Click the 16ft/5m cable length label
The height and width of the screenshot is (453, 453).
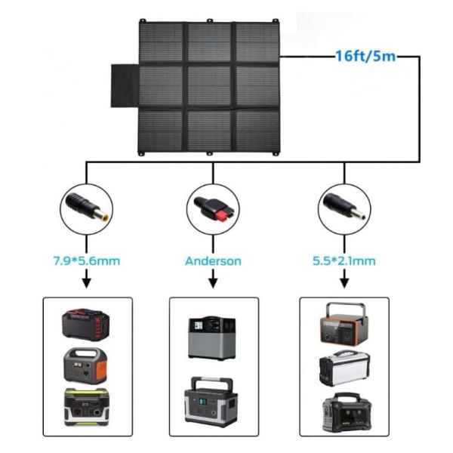tap(365, 57)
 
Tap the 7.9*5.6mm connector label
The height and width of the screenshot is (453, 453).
tap(86, 261)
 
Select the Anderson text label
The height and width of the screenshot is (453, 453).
tap(213, 261)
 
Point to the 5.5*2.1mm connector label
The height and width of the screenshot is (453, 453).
tap(344, 261)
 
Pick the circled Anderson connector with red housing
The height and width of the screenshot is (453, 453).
tap(213, 206)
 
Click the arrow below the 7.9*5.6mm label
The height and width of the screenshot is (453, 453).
tap(86, 281)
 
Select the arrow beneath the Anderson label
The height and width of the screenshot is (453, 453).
tap(213, 281)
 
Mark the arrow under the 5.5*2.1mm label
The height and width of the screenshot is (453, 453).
tap(344, 281)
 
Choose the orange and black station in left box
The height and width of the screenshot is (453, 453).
tap(86, 365)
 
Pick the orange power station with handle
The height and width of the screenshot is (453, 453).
tap(344, 322)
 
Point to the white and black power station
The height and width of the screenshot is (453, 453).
tap(344, 368)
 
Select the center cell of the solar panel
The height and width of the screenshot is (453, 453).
tap(209, 87)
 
